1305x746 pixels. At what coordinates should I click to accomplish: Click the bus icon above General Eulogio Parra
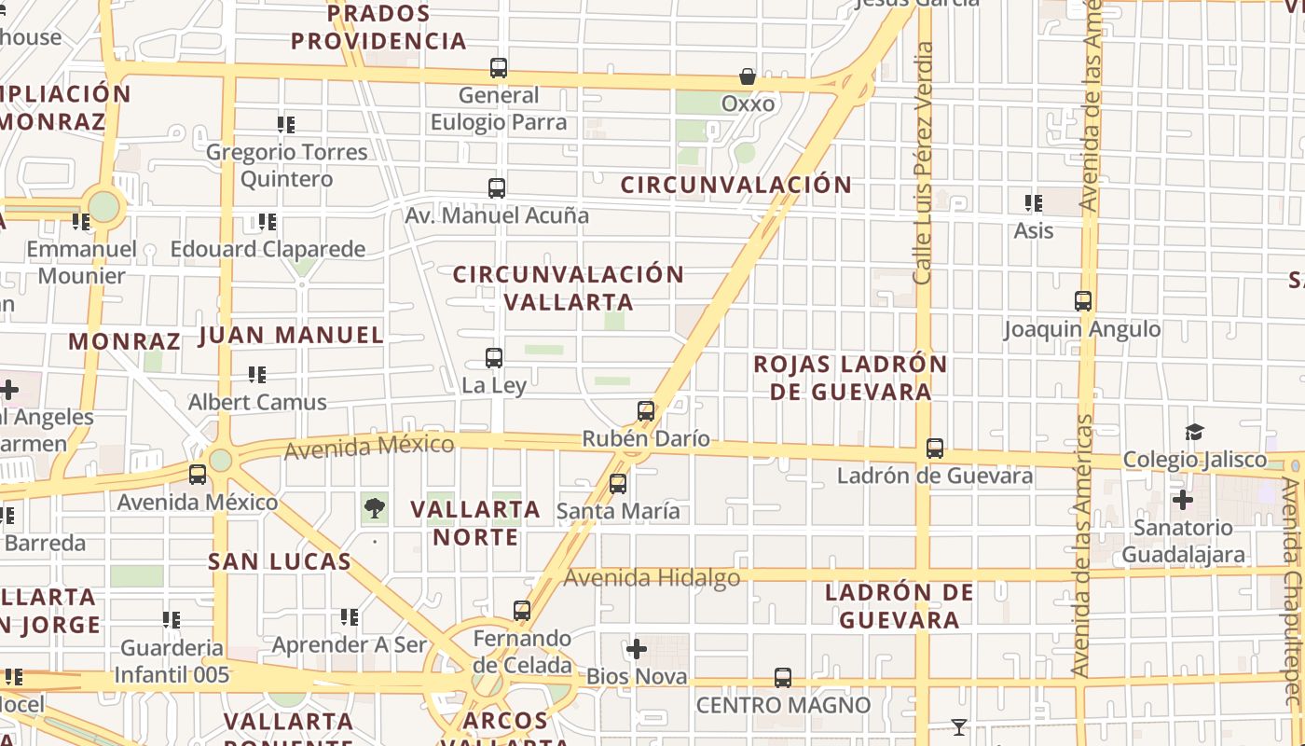click(x=499, y=67)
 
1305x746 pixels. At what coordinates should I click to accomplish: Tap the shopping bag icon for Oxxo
click(x=748, y=76)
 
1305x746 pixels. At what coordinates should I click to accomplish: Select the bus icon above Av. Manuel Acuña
click(x=497, y=187)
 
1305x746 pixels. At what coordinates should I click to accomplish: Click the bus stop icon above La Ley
click(x=494, y=357)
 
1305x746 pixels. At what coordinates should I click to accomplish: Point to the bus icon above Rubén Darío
click(x=646, y=410)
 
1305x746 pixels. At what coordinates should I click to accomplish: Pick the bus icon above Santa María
click(x=618, y=483)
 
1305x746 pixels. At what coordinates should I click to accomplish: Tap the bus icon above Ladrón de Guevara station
click(x=935, y=448)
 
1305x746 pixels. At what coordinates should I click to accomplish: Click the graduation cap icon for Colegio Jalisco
click(x=1194, y=432)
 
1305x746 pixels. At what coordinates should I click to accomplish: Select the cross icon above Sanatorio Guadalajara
click(x=1183, y=500)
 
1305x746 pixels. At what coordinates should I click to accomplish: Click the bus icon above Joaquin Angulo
click(x=1083, y=301)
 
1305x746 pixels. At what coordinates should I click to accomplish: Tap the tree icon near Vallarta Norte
click(x=375, y=508)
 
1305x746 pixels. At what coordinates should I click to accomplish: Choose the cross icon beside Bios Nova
click(x=637, y=649)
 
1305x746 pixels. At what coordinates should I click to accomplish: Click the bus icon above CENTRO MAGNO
click(x=783, y=678)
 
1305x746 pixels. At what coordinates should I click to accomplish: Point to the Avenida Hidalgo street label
click(x=652, y=578)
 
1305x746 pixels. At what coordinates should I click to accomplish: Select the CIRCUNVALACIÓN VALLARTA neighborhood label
click(x=569, y=287)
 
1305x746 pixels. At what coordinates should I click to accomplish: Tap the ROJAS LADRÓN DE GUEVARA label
click(x=850, y=377)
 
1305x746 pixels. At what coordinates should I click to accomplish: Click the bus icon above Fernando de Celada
click(x=522, y=611)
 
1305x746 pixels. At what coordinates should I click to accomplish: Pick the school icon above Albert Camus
click(x=257, y=375)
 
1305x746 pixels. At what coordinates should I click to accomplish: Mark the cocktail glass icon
click(x=958, y=726)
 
